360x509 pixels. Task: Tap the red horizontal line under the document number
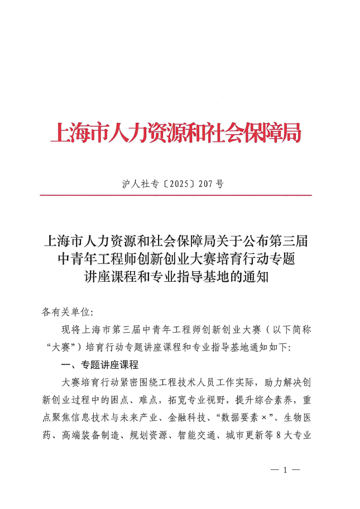[x=175, y=195]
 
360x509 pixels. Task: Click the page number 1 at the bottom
[x=284, y=470]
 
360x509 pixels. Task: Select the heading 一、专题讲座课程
[x=101, y=365]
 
